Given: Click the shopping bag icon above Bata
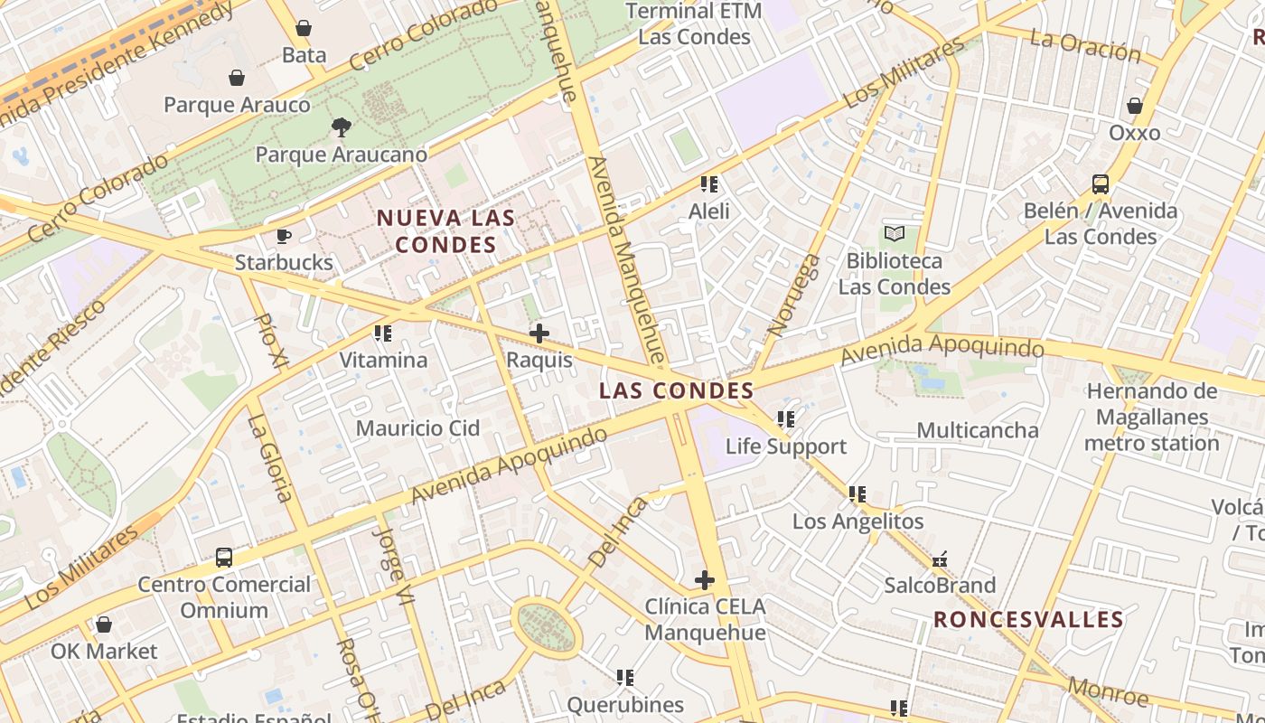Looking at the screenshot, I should coord(304,28).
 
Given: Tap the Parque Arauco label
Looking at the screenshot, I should coord(237,105).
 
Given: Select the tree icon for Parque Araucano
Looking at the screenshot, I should coord(341,127).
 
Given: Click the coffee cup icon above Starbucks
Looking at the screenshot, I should coord(284,236).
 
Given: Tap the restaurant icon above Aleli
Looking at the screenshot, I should coord(709,184).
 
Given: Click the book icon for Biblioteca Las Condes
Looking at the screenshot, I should coord(895,234).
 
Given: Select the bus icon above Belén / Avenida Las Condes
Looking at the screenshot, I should coord(1101,184).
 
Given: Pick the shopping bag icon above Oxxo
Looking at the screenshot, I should coord(1135,106).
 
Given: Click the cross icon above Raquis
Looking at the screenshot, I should coord(539,333).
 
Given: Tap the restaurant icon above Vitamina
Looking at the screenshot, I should coord(383,333).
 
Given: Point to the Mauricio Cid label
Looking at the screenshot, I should coord(417,428).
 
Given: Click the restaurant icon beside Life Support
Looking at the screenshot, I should coord(786,419).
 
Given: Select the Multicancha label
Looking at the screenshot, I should coord(978,430).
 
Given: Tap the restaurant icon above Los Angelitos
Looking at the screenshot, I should coord(857,494).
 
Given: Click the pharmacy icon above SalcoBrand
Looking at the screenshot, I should coord(940,559).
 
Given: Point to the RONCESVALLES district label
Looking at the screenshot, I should coord(1028,620).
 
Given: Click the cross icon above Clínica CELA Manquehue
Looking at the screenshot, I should coord(705,579).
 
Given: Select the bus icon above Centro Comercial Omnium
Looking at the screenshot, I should coord(224,558).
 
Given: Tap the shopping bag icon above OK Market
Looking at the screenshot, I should coord(104,624).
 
